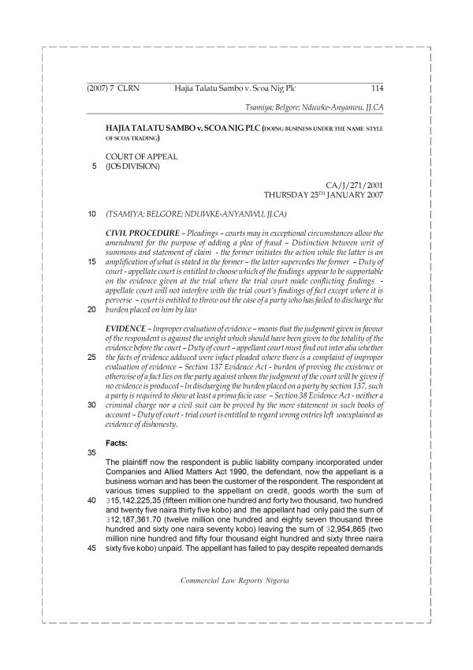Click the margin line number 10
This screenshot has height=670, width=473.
[x=93, y=214]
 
